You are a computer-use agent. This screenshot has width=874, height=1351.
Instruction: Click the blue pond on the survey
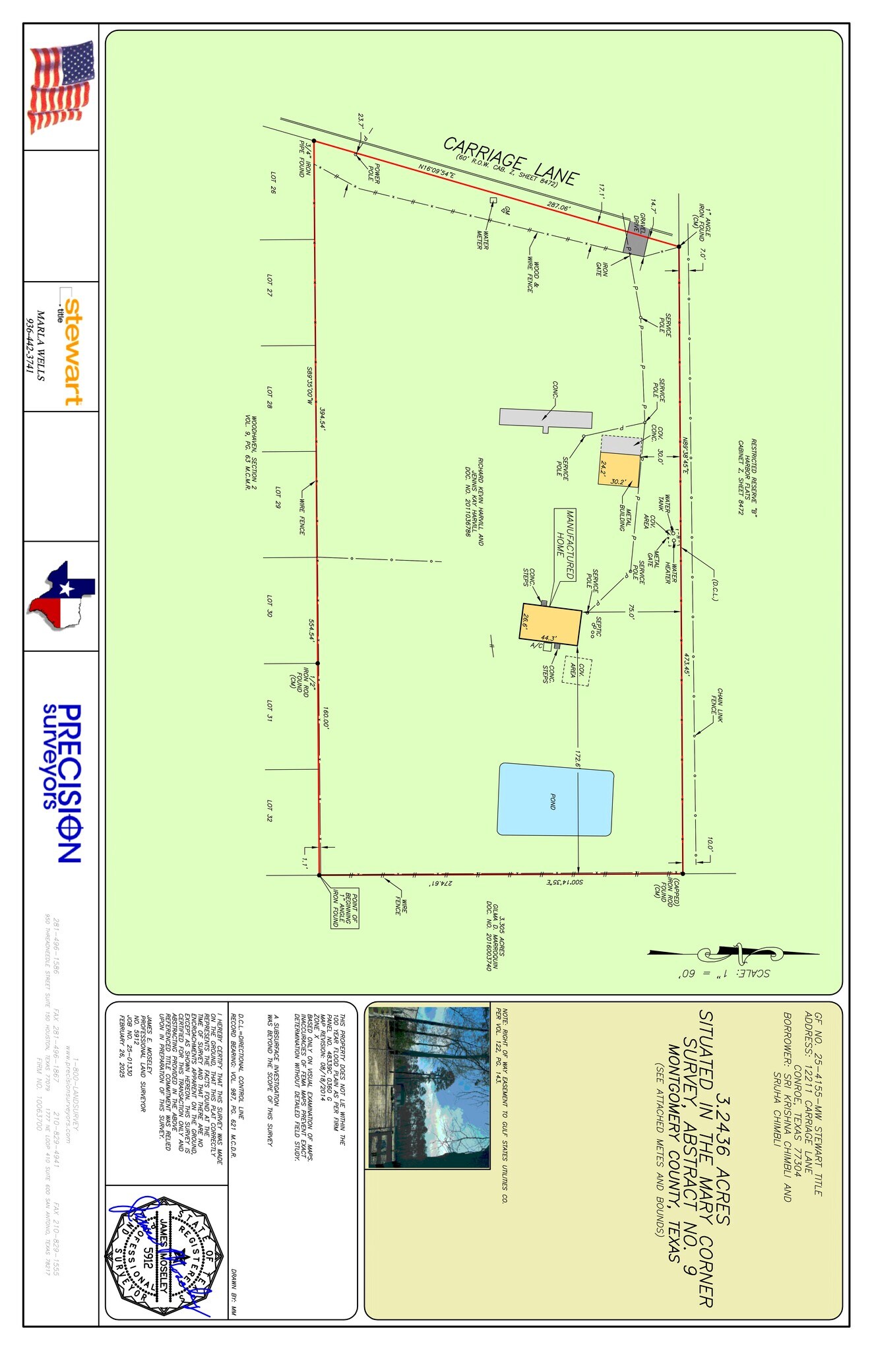(555, 800)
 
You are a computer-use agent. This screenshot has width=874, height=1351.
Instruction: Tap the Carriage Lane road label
(511, 160)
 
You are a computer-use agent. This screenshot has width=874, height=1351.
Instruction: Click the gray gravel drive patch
(636, 238)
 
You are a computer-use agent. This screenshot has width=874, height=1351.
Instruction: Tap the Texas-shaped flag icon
(61, 596)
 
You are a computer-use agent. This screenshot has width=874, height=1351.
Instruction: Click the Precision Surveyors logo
(61, 782)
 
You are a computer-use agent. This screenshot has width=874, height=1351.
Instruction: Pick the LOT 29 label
(278, 497)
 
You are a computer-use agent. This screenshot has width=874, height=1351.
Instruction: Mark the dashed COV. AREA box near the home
(577, 671)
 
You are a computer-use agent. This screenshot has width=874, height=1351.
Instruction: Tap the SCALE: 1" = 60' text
(724, 973)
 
